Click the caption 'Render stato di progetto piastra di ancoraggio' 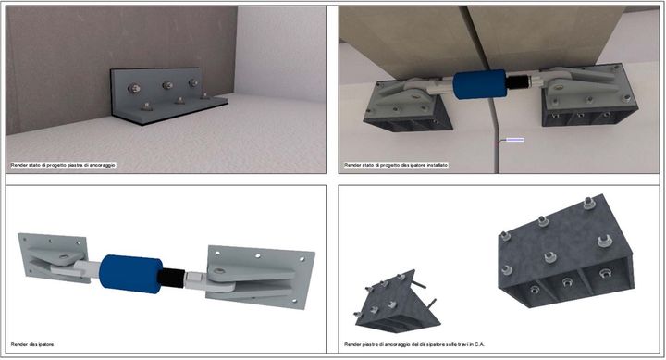point(69,165)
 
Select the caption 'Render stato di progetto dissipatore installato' point(396,165)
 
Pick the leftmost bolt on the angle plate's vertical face point(133,88)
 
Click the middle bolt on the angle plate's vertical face point(167,85)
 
